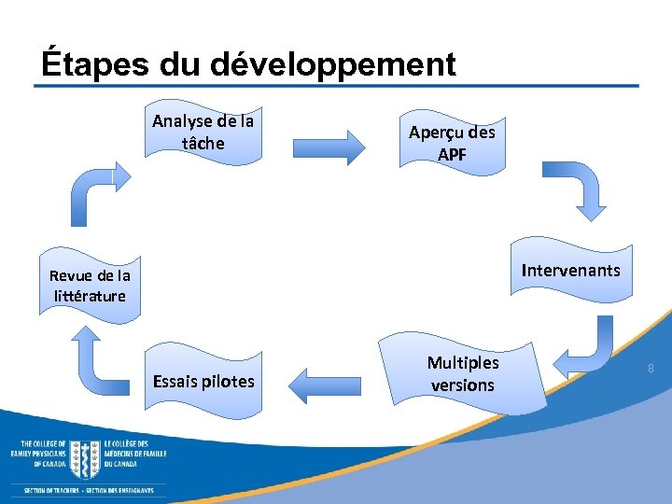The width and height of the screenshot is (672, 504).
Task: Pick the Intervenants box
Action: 570,272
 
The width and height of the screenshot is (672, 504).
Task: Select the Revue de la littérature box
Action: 90,287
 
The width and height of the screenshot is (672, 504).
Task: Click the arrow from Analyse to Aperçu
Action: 333,147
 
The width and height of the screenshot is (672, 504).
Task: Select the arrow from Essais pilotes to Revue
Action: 98,359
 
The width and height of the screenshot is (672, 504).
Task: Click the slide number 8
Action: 651,371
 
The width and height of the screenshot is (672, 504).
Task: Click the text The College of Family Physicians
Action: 38,453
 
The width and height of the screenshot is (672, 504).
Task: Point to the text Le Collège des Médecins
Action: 135,453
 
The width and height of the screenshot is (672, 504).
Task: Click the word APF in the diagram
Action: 452,154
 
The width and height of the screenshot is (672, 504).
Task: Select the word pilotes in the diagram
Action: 230,381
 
